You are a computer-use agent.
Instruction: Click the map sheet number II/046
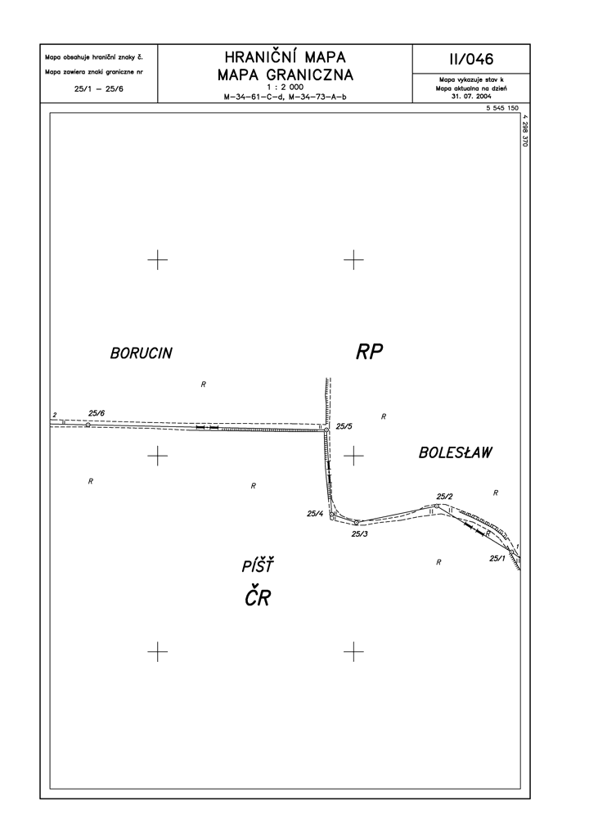pos(471,59)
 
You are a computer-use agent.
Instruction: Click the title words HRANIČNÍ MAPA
pos(286,56)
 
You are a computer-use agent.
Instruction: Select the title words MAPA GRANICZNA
pos(286,74)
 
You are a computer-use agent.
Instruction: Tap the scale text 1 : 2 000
pos(286,87)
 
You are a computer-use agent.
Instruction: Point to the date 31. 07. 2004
pos(471,97)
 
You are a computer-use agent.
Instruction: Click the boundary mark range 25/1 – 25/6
pos(99,89)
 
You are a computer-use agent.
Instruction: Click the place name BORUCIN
pos(142,353)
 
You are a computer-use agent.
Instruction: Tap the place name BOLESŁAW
pos(455,452)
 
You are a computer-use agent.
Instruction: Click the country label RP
pos(370,352)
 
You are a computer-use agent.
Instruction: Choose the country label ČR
pos(259,596)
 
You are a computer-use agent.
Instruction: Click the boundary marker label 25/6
pos(97,413)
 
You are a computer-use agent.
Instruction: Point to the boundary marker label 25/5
pos(344,426)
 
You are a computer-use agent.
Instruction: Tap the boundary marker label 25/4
pos(315,514)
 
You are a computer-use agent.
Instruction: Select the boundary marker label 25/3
pos(360,533)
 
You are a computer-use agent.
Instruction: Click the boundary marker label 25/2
pos(444,497)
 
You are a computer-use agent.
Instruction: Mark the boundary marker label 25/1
pos(497,558)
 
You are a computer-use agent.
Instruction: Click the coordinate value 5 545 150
pos(502,108)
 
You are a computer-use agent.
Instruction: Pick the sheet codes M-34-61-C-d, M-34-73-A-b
pos(286,97)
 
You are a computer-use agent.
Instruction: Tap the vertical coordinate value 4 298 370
pos(525,130)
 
